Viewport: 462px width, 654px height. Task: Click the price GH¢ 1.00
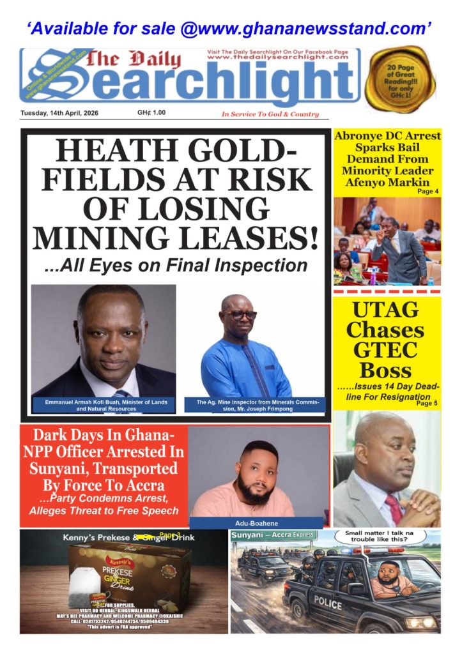click(151, 113)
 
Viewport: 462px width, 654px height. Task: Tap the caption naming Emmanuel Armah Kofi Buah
click(104, 405)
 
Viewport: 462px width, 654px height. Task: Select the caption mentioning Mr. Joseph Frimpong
click(256, 405)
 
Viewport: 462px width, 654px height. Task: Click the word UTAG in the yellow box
click(387, 311)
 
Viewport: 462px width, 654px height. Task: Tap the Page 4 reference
click(427, 191)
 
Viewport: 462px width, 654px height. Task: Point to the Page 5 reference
click(427, 403)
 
